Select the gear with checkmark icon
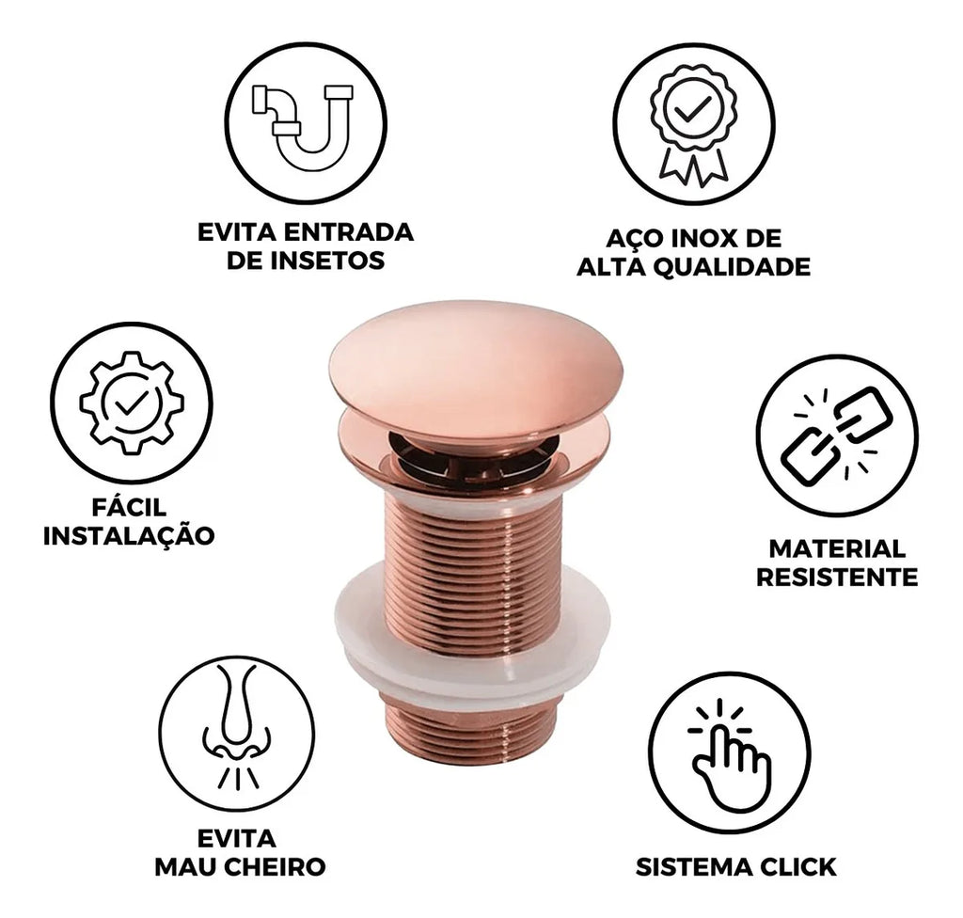[132, 404]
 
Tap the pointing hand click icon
[729, 754]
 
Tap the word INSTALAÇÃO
[129, 535]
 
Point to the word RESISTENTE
[837, 578]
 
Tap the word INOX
[703, 238]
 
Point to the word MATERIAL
[837, 548]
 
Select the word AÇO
[634, 237]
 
